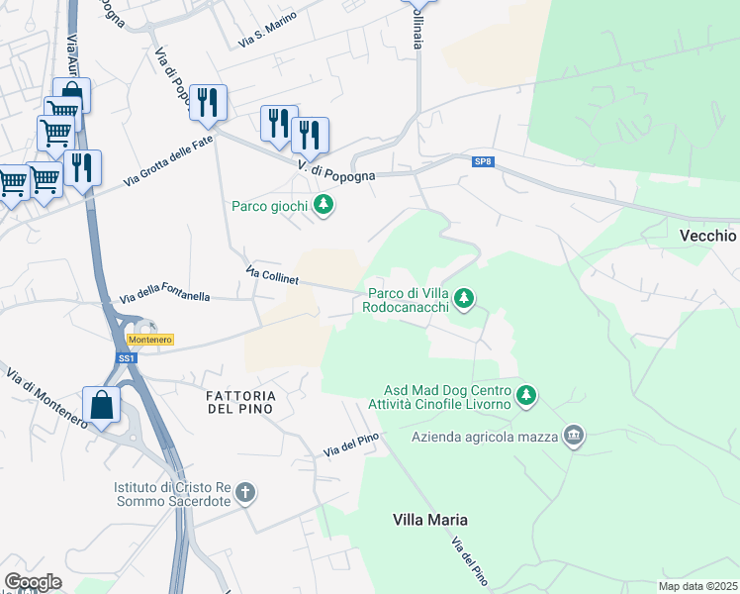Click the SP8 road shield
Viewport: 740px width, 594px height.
click(483, 161)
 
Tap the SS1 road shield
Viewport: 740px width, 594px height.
click(126, 358)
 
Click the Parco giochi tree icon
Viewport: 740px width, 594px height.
click(323, 206)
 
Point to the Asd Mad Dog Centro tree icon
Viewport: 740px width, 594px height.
click(527, 395)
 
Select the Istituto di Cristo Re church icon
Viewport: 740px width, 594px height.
click(246, 492)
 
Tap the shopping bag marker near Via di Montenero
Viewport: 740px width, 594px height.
click(101, 405)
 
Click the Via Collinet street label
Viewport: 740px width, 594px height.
click(272, 276)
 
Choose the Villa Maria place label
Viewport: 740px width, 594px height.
click(429, 520)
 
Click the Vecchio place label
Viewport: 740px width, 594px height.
click(708, 236)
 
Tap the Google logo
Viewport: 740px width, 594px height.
click(33, 581)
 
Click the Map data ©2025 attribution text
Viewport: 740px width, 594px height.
click(697, 586)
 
